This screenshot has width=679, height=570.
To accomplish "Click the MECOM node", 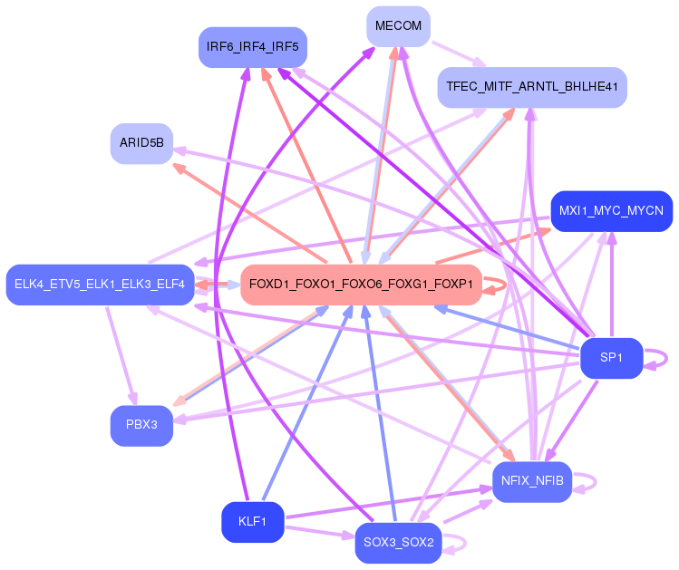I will click(x=398, y=26).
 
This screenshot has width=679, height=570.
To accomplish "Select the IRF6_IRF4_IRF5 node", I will click(x=253, y=46).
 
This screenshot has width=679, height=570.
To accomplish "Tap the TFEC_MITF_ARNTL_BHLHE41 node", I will click(x=531, y=88).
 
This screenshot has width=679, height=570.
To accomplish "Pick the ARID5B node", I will click(x=141, y=143).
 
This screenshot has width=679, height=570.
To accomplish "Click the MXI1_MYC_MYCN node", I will click(x=611, y=211).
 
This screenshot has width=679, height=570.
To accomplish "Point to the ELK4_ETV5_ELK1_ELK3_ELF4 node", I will click(x=100, y=285).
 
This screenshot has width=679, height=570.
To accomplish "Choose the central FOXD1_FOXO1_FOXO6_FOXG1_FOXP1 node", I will click(x=361, y=285).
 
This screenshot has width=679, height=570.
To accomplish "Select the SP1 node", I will click(x=612, y=358).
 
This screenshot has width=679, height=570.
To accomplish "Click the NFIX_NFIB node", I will click(x=531, y=480).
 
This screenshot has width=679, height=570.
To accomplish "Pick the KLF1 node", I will click(x=252, y=522).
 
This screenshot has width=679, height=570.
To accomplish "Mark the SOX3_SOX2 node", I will click(x=398, y=543).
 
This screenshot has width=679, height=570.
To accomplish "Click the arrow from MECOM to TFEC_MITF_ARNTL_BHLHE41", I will click(x=459, y=53).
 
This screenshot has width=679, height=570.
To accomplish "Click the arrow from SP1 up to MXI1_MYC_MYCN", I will click(x=612, y=285).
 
